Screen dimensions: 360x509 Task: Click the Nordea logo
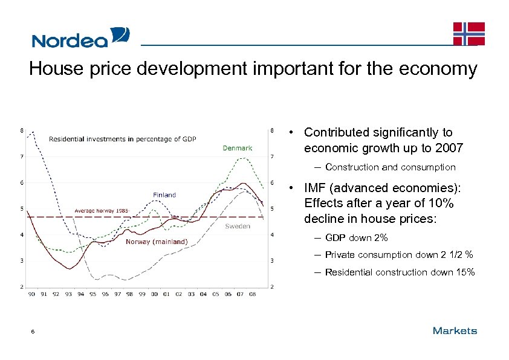point(80,37)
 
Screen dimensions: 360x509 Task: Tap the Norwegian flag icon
point(469,33)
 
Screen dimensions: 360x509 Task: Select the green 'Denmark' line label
point(238,148)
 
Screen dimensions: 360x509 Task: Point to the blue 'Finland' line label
point(164,194)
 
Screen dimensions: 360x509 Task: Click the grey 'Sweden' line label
point(238,227)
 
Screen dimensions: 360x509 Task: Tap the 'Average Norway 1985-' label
point(101,210)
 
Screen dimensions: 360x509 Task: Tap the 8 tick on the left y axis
point(22,130)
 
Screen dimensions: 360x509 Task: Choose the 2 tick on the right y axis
point(273,286)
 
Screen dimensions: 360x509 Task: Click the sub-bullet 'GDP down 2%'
point(356,238)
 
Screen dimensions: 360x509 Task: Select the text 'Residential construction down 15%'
point(400,272)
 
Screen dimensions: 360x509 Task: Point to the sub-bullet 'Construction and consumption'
point(390,167)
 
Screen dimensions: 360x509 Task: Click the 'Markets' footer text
point(455,330)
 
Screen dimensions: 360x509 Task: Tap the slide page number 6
point(34,331)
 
